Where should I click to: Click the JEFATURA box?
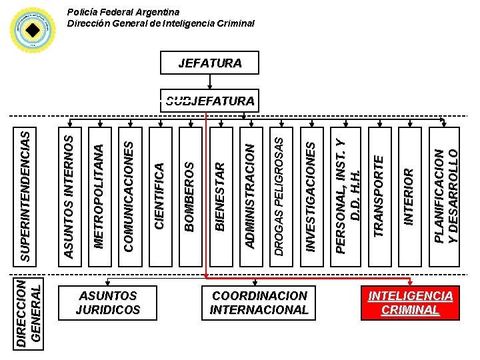pyautogui.click(x=209, y=64)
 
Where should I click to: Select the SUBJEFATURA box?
pyautogui.click(x=209, y=101)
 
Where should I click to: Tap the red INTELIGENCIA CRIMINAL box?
pyautogui.click(x=411, y=303)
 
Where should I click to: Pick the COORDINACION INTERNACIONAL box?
pyautogui.click(x=259, y=303)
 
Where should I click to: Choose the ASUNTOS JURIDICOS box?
pyautogui.click(x=108, y=303)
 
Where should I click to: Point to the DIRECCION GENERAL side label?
pyautogui.click(x=32, y=312)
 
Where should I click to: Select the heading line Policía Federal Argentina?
pyautogui.click(x=124, y=12)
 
